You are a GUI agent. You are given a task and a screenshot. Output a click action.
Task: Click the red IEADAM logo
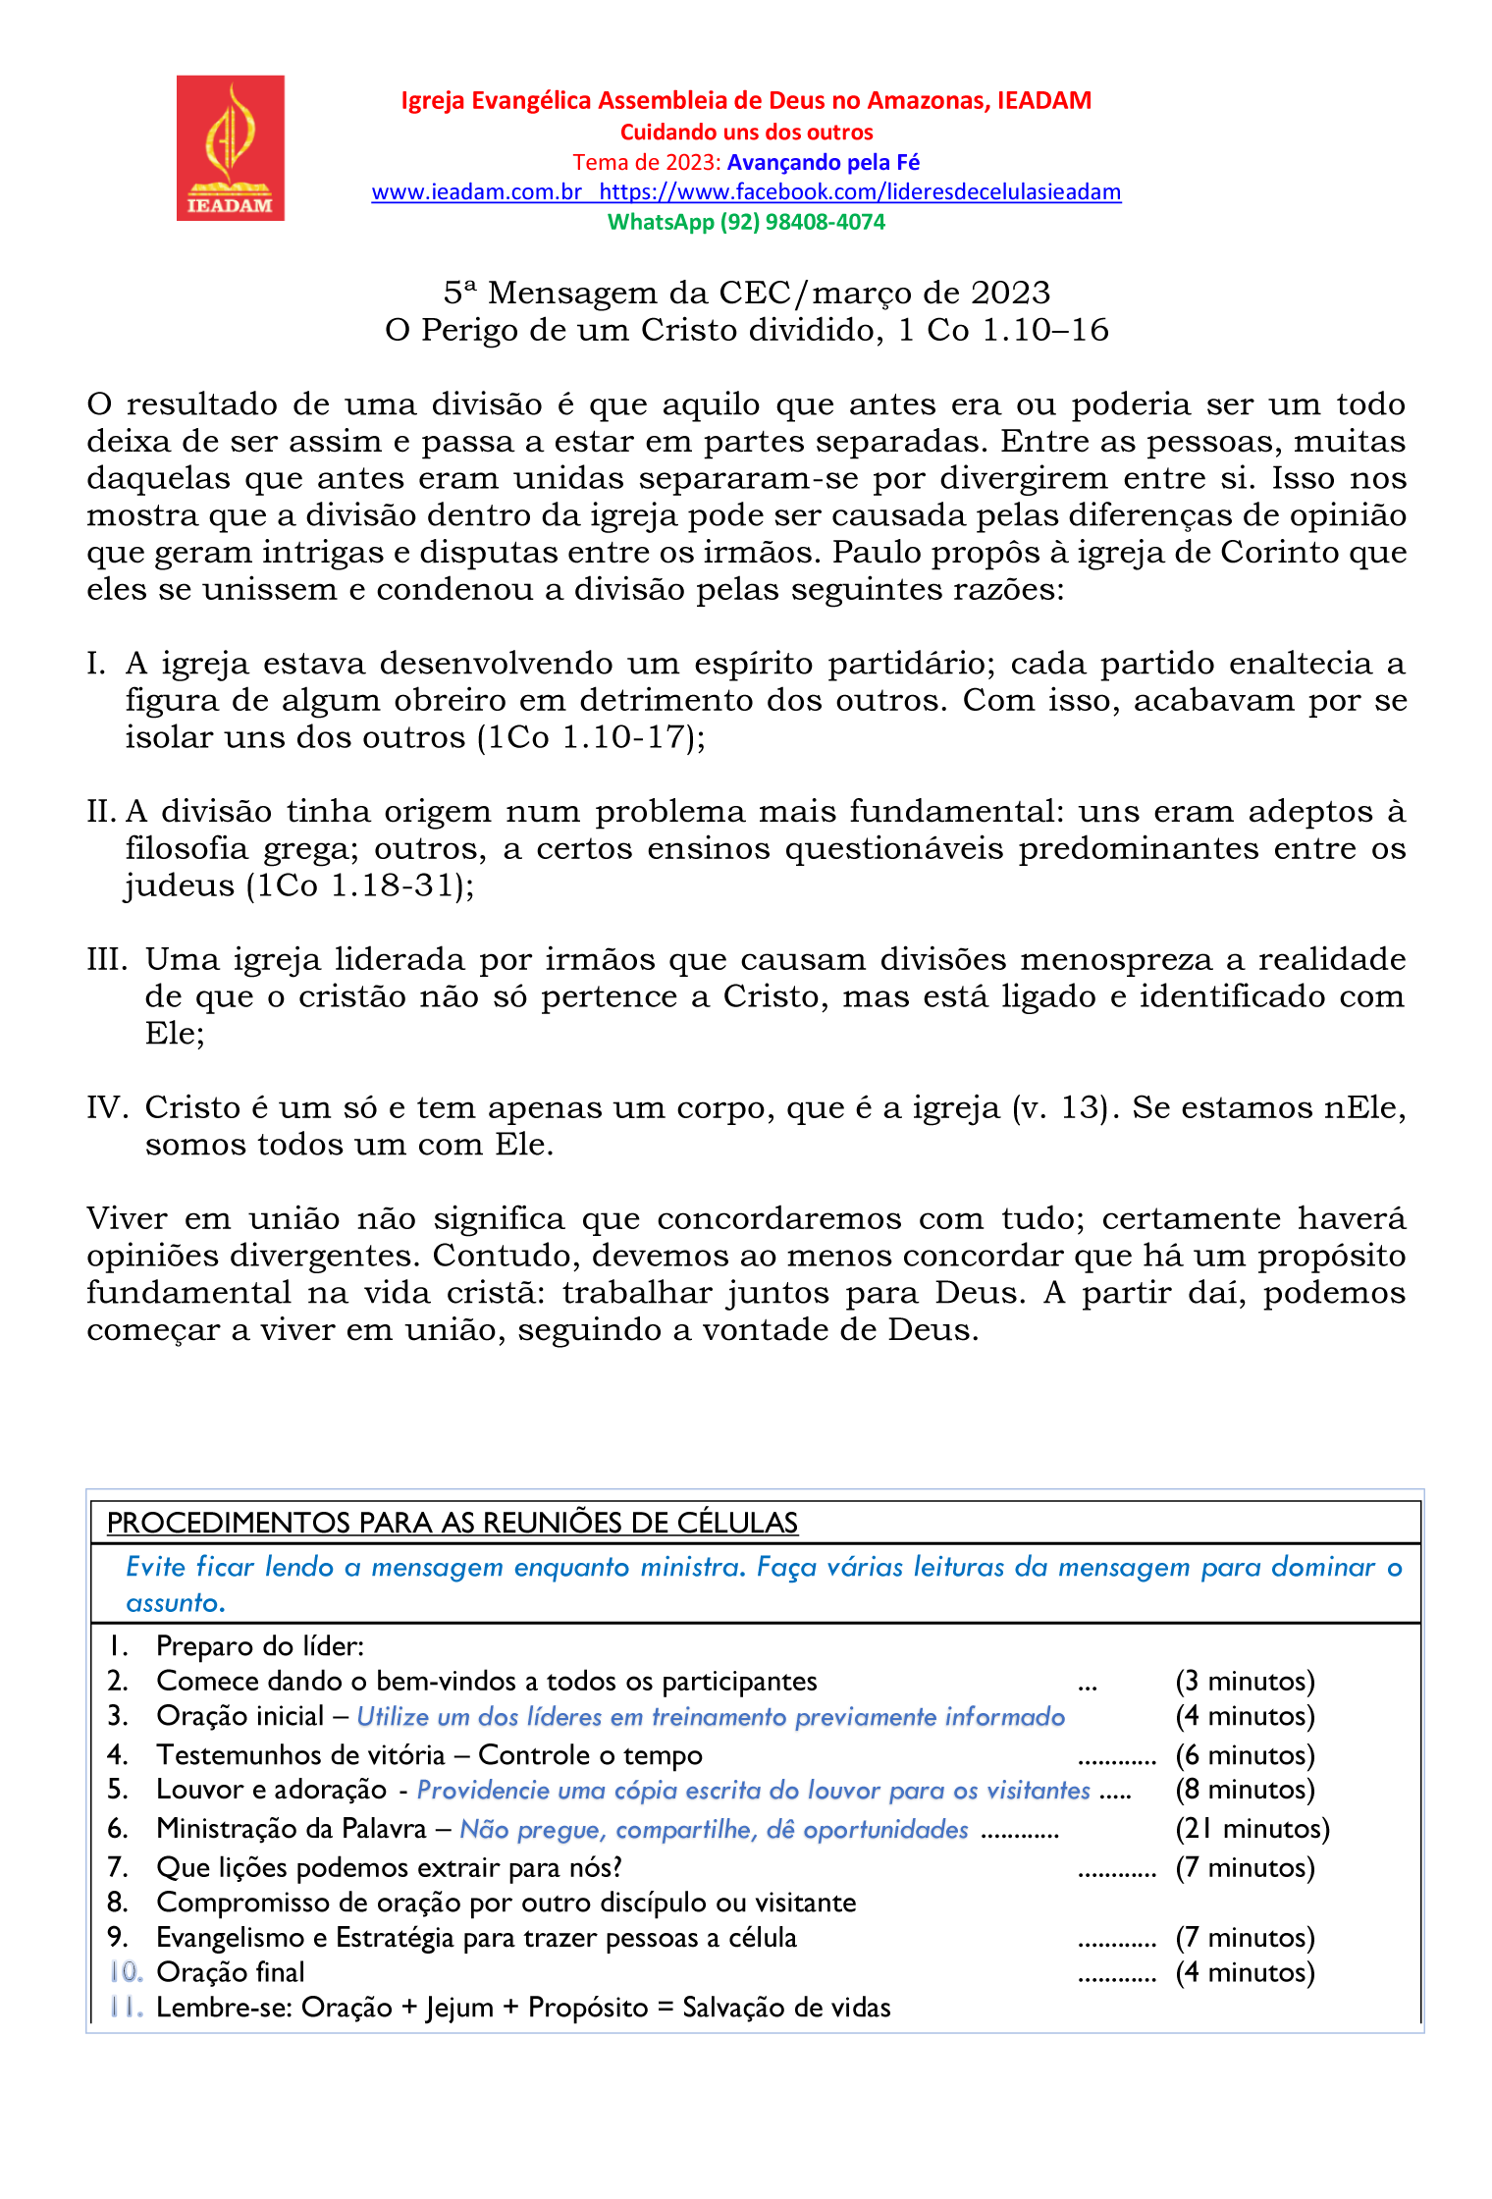231,148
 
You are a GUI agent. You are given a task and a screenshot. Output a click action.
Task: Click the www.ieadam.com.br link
477,192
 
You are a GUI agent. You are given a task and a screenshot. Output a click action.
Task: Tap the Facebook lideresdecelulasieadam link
860,192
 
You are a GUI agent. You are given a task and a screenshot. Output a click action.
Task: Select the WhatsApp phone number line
746,222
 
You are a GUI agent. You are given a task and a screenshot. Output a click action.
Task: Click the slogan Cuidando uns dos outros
746,132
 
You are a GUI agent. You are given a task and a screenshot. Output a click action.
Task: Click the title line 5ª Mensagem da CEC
746,293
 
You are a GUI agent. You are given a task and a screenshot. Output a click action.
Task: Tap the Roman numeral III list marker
107,959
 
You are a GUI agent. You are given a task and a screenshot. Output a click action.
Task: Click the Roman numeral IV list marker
107,1107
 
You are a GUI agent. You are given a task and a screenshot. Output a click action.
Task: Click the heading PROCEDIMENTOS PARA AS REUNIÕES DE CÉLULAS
453,1523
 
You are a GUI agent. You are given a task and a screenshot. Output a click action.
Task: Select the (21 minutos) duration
1252,1829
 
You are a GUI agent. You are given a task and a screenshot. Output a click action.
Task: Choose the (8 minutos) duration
1245,1790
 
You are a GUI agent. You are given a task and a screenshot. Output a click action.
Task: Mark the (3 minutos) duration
1245,1682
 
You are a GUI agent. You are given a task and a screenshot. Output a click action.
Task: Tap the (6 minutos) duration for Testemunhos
1245,1755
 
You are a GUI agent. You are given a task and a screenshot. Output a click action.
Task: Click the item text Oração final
231,1972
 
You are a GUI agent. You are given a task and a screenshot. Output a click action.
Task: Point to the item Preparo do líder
260,1646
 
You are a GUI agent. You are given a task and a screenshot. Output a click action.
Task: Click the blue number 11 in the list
127,2008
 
